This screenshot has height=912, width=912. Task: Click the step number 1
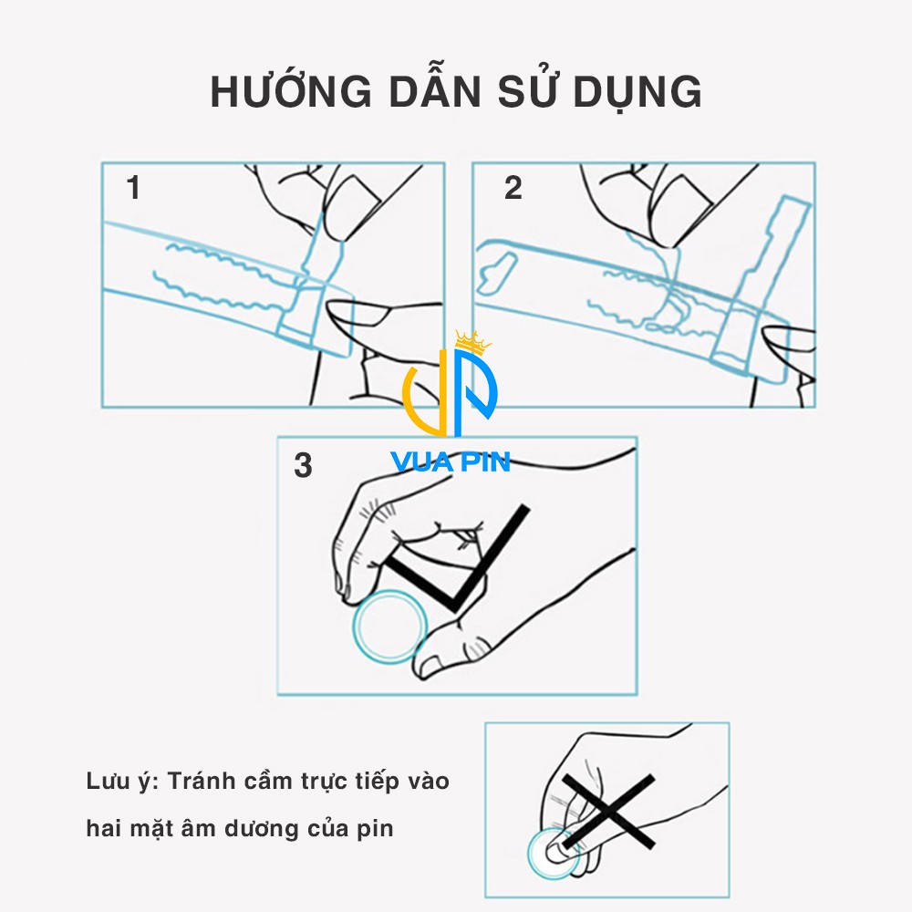point(134,189)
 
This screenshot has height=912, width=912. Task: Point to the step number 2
point(513,189)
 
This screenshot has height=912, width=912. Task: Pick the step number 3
point(303,465)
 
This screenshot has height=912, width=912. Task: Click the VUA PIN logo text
point(451,461)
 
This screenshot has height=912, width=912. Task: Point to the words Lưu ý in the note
point(122,782)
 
